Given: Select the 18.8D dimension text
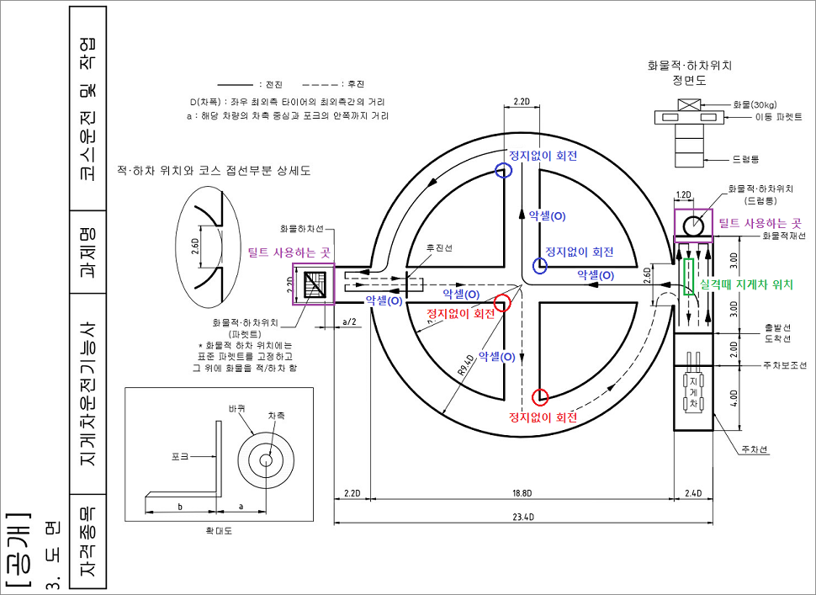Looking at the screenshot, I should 522,492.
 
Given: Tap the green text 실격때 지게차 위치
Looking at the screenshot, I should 746,285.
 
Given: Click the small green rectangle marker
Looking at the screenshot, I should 689,277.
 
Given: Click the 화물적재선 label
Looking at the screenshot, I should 782,236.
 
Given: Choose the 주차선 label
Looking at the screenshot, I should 751,449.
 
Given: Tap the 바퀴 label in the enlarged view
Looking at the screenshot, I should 236,407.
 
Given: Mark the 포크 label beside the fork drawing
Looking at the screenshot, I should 179,456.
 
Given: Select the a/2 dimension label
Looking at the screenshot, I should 350,321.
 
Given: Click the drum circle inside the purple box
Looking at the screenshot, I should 694,226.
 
